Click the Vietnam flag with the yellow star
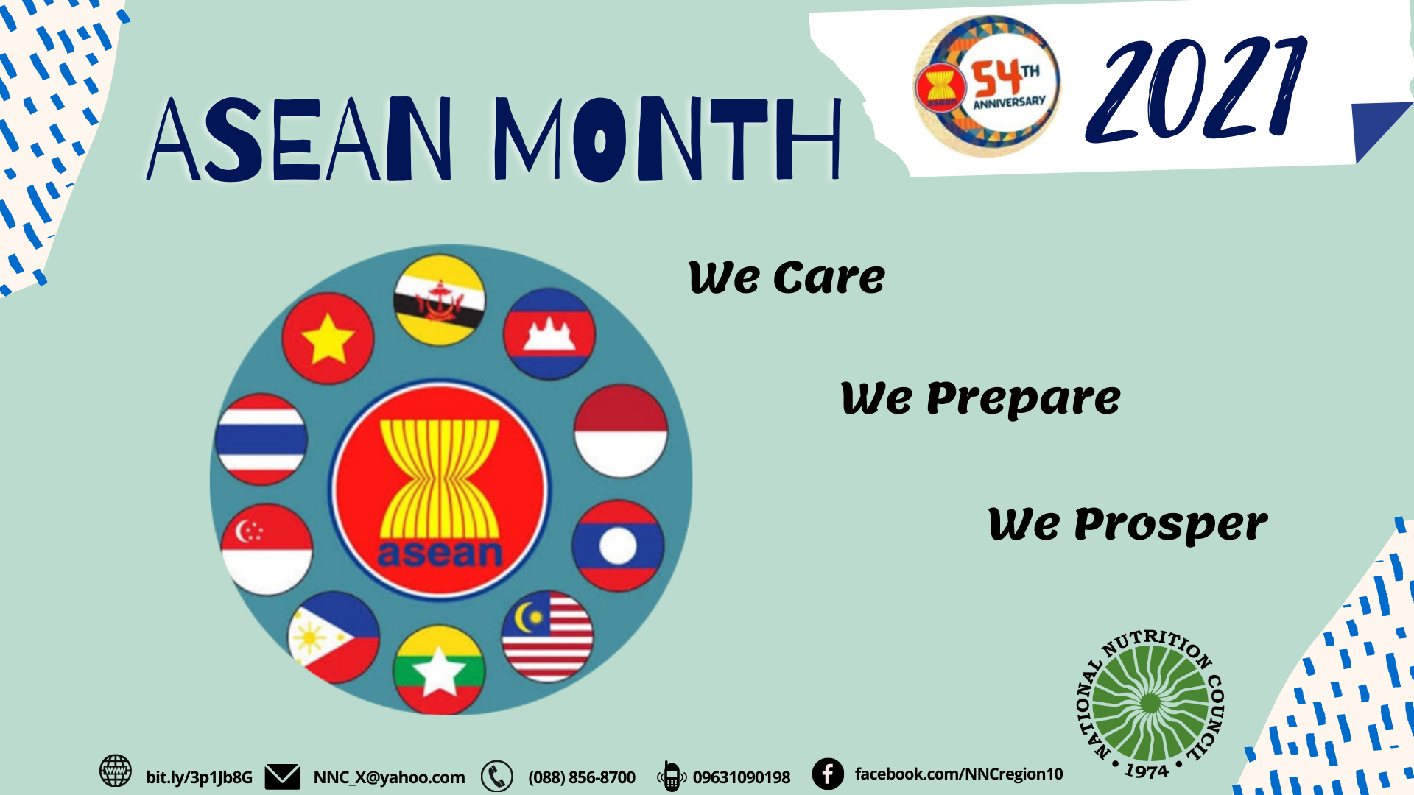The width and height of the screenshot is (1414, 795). tap(328, 339)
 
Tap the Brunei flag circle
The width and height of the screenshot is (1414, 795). tap(440, 300)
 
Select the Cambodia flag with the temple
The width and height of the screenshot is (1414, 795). tap(549, 333)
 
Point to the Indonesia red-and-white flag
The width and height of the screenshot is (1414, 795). tap(621, 431)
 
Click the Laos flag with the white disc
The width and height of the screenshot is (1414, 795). tap(618, 546)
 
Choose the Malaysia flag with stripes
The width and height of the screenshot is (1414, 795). tap(547, 636)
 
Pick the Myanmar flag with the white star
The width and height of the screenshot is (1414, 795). tap(439, 670)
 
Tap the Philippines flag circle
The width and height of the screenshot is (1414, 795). tap(334, 637)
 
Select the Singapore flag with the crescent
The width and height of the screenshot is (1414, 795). tap(267, 549)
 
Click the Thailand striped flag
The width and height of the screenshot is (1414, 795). tap(261, 439)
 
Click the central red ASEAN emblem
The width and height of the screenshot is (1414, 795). tap(440, 490)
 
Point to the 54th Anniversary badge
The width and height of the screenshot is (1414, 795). tap(987, 86)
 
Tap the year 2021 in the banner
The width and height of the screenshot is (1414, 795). tap(1197, 92)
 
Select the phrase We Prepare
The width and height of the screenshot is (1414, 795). tap(980, 399)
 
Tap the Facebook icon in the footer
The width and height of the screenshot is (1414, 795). tap(828, 774)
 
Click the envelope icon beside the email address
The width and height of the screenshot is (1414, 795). tap(283, 777)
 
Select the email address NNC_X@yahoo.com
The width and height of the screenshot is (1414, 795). tap(389, 777)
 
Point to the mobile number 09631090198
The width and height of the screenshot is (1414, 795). tap(741, 777)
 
